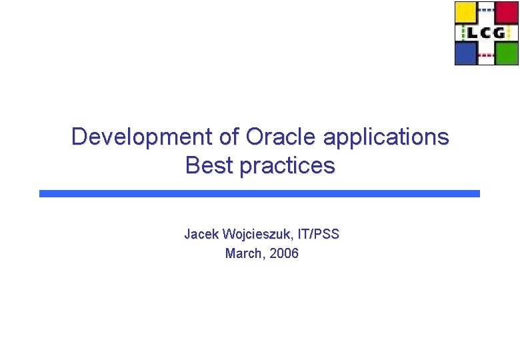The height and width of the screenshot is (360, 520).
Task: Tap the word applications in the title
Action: pyautogui.click(x=386, y=137)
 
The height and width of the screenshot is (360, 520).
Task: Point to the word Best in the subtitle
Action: pyautogui.click(x=209, y=165)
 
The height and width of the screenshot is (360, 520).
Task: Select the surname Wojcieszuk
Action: pyautogui.click(x=257, y=234)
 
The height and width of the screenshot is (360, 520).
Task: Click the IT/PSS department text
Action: pyautogui.click(x=319, y=234)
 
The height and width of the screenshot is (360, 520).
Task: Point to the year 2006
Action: pyautogui.click(x=285, y=253)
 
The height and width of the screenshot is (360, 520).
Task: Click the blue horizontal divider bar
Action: pyautogui.click(x=259, y=193)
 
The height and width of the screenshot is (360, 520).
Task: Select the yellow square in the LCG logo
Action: pyautogui.click(x=466, y=13)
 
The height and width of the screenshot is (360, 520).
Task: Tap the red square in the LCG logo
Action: pyautogui.click(x=507, y=13)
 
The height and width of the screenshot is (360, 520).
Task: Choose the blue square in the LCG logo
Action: pyautogui.click(x=466, y=53)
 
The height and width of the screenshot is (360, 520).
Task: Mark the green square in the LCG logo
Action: pyautogui.click(x=507, y=53)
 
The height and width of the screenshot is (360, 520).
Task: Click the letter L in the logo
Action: pyautogui.click(x=471, y=33)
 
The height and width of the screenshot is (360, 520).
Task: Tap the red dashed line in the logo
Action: pyautogui.click(x=487, y=55)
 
